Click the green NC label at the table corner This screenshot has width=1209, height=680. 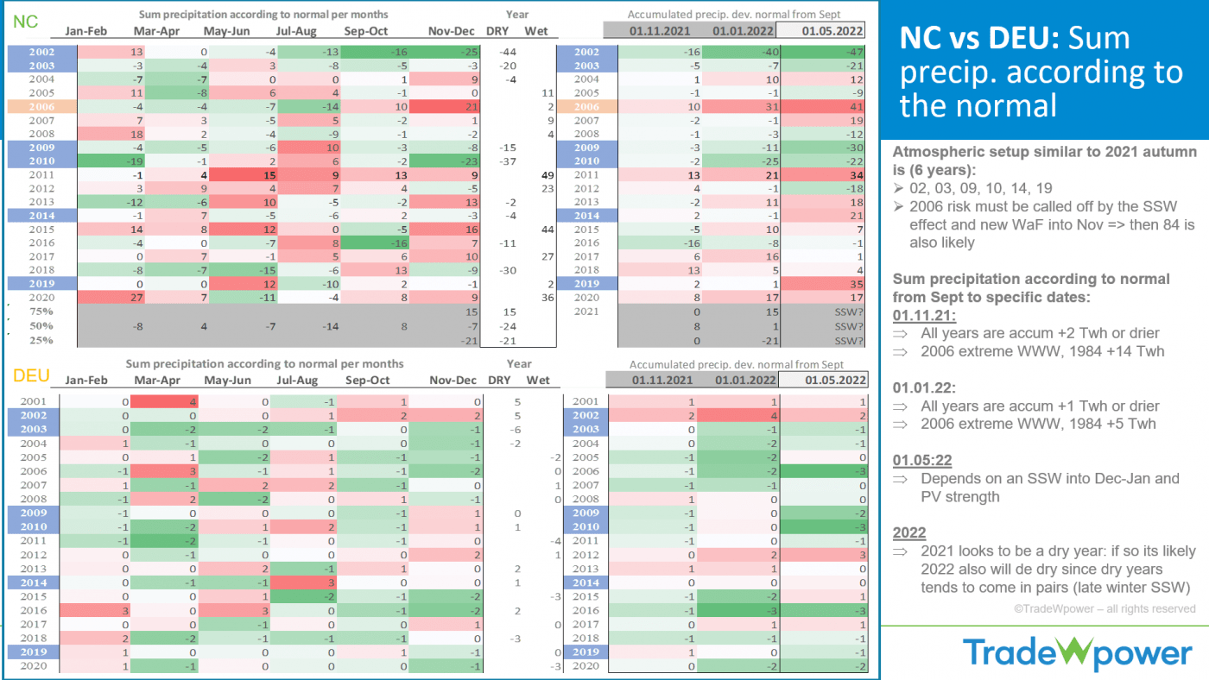tap(26, 21)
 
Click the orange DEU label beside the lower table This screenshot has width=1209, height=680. tap(29, 375)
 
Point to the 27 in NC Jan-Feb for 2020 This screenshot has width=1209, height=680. tap(112, 297)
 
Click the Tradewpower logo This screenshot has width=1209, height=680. tap(1077, 652)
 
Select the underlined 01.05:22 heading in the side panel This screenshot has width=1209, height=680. tap(922, 459)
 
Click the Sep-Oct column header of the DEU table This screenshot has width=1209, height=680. tap(367, 381)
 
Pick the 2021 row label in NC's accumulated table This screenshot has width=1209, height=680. tap(586, 312)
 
